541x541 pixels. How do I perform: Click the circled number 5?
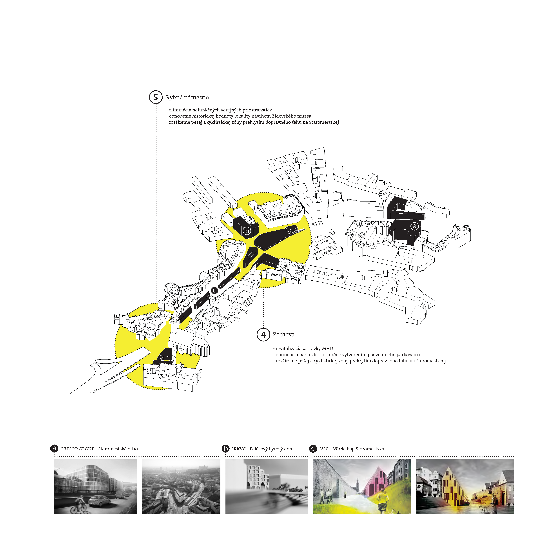coord(156,97)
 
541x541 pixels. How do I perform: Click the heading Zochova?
coord(284,334)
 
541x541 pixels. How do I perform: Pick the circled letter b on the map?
coord(247,231)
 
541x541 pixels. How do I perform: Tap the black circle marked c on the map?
coord(214,290)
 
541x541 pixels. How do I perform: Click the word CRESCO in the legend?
coord(69,449)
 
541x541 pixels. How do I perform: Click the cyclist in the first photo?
coord(80,505)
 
